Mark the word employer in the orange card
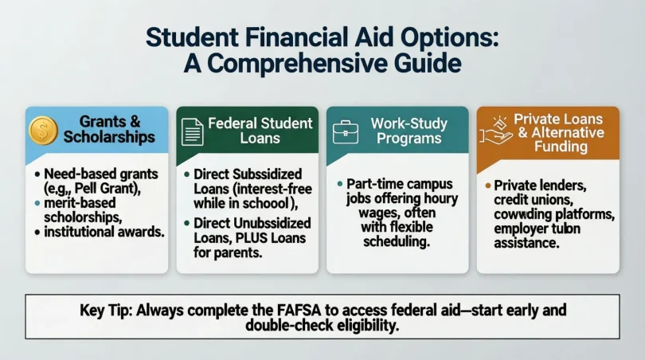(522, 231)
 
